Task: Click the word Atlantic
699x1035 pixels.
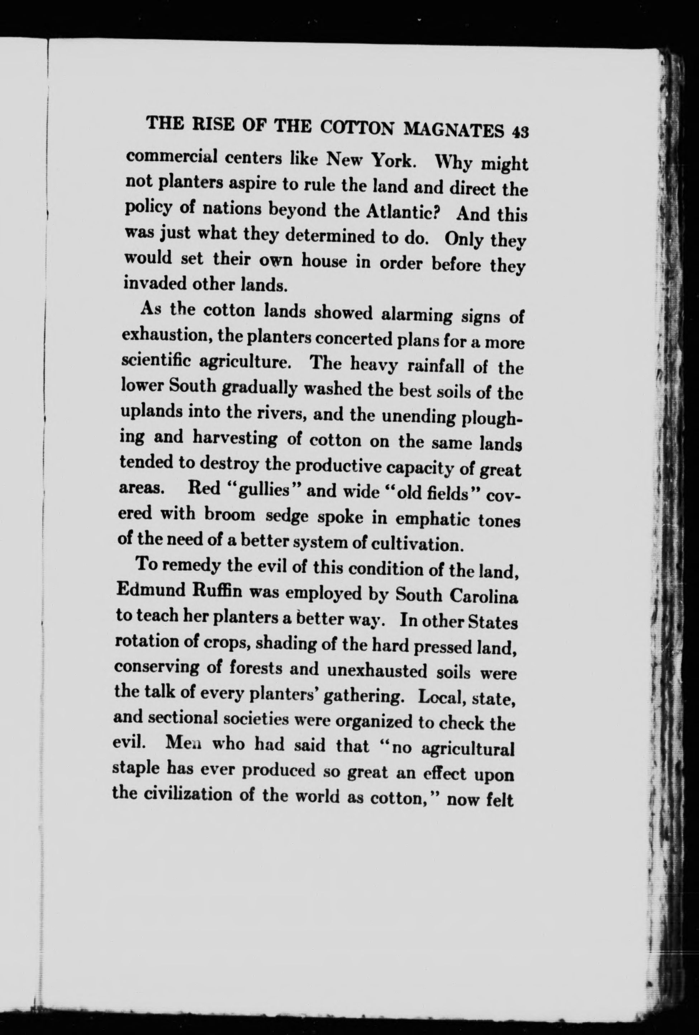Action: (x=403, y=211)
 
